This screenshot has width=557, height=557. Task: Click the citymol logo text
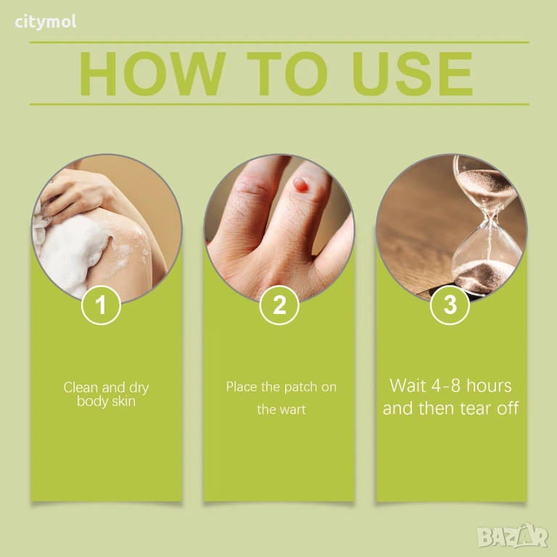[46, 22]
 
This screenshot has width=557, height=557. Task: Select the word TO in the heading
[287, 73]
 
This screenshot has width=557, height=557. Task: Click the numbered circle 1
[102, 305]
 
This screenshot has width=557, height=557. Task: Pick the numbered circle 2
[279, 305]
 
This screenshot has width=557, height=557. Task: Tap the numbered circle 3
[450, 305]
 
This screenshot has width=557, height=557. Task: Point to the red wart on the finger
[300, 185]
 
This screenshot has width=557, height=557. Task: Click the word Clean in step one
[81, 387]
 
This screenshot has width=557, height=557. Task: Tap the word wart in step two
[292, 410]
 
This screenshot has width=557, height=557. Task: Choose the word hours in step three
[489, 386]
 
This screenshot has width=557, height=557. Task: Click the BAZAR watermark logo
[513, 536]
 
